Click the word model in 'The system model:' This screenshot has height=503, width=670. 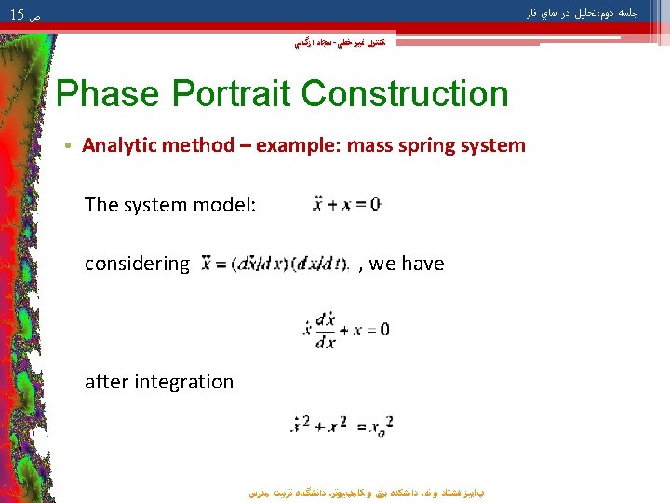(220, 205)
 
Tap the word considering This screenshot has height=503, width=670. (136, 264)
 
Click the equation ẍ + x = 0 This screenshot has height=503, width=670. (345, 204)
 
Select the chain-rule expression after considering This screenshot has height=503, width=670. (275, 264)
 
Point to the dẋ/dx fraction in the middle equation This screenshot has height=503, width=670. (326, 330)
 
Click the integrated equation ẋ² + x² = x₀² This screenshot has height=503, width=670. (344, 425)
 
